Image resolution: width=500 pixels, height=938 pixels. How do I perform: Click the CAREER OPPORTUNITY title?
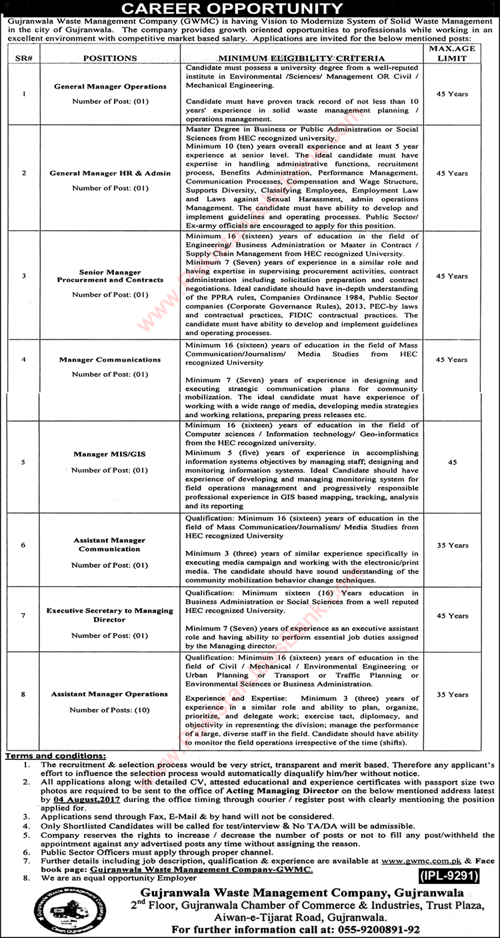[x=249, y=9]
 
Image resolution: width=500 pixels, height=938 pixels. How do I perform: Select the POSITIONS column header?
[x=110, y=59]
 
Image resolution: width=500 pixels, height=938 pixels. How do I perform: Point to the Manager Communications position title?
[x=110, y=360]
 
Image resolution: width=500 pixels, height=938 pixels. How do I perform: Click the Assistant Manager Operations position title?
[x=109, y=694]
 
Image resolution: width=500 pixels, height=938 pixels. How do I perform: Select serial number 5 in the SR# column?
[x=25, y=462]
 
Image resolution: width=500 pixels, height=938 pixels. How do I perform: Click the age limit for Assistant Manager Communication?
[x=457, y=546]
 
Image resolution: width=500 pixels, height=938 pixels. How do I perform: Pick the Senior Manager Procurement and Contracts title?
[x=110, y=276]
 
